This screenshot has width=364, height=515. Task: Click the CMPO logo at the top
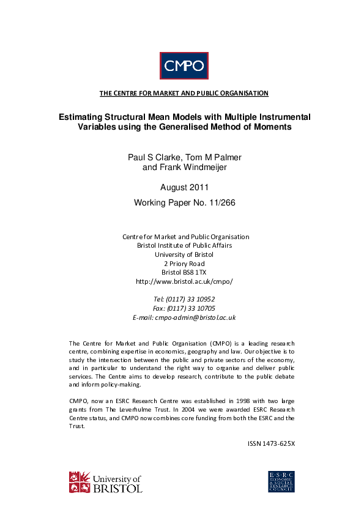[x=184, y=66]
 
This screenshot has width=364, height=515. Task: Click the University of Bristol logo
[x=106, y=483]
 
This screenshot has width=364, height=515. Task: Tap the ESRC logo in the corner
[x=282, y=481]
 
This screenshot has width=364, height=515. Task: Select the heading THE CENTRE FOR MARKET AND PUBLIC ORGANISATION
[x=184, y=94]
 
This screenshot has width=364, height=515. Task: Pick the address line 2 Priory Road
[x=184, y=264]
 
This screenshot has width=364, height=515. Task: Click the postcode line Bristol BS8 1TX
[x=184, y=272]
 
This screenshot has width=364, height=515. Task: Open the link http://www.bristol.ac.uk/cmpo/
[x=184, y=281]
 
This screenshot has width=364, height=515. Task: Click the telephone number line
[x=184, y=299]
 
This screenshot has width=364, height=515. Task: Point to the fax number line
[x=184, y=308]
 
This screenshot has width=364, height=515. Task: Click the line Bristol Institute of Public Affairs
[x=184, y=245]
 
